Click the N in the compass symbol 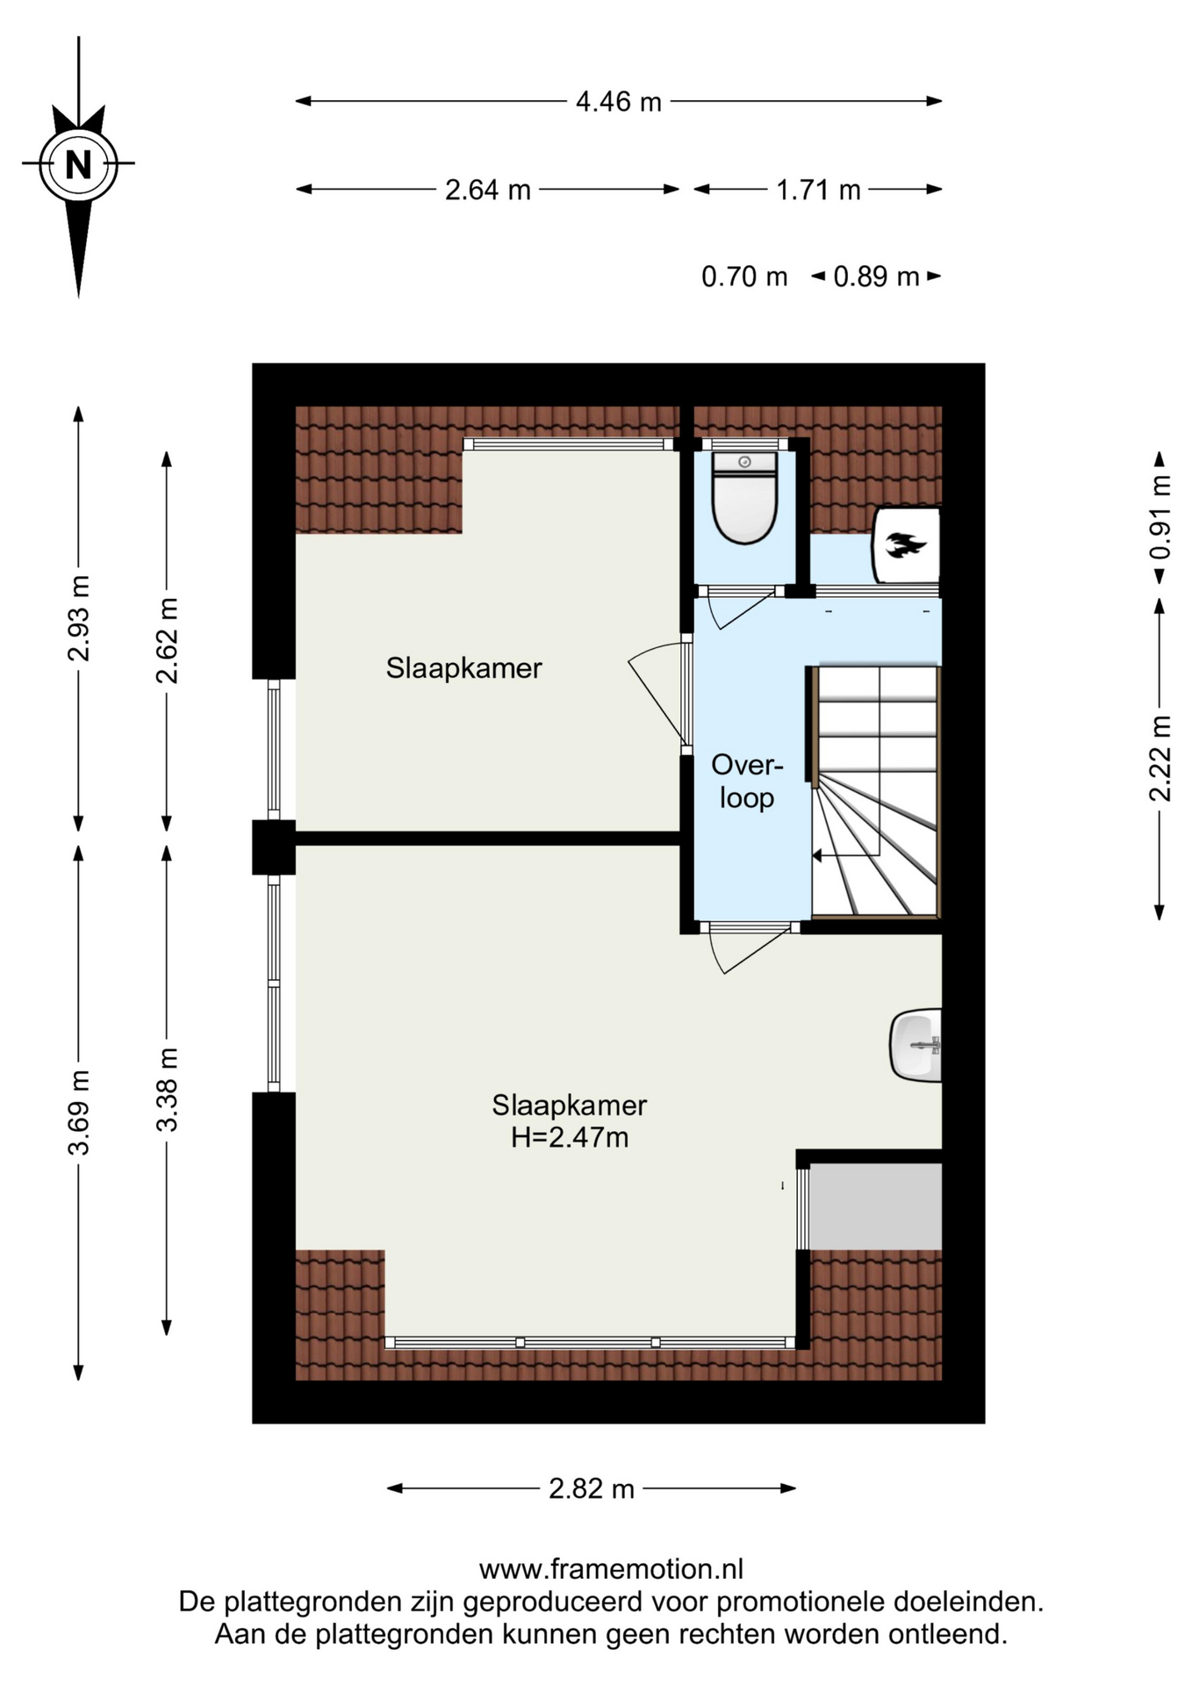click(78, 164)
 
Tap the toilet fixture click(744, 497)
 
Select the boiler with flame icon click(906, 545)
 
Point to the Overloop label click(747, 781)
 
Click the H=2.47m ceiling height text click(570, 1137)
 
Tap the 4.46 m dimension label click(618, 102)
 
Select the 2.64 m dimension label click(488, 190)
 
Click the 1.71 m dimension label click(818, 190)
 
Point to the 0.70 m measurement click(744, 277)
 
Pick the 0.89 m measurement click(876, 277)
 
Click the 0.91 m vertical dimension click(1160, 516)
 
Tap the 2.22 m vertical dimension click(1160, 759)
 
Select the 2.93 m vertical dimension click(79, 618)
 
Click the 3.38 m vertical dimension click(167, 1089)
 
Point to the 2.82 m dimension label click(592, 1488)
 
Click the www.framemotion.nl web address click(611, 1568)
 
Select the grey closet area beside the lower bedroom click(875, 1206)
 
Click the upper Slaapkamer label click(464, 668)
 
